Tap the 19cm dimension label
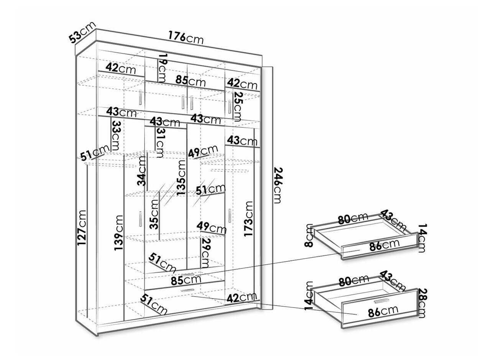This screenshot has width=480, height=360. (x=163, y=68)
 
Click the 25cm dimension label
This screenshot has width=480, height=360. (x=238, y=107)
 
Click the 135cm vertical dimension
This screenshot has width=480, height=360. (x=181, y=178)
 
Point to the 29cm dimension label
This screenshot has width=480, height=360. (x=205, y=253)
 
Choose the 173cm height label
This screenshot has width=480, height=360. (x=248, y=219)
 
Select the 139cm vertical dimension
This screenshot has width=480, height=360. (x=119, y=233)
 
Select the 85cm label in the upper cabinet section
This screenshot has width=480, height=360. (x=191, y=81)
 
